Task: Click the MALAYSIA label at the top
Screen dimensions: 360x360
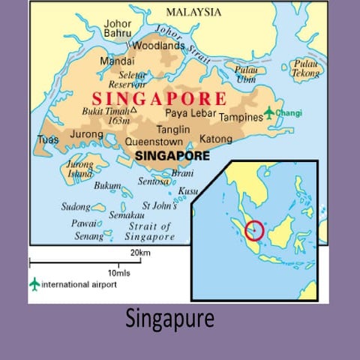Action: pos(193,12)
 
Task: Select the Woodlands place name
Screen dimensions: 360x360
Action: pos(158,46)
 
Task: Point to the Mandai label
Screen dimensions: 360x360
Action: pos(117,61)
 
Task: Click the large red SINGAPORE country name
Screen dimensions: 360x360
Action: pos(158,99)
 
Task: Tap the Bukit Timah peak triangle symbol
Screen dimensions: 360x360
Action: pos(133,109)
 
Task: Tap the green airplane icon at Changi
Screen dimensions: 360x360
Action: pos(268,112)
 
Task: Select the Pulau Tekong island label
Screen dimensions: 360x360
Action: pos(305,68)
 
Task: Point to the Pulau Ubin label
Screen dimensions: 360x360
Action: pos(246,74)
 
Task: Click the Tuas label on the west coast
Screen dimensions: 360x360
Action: pos(48,139)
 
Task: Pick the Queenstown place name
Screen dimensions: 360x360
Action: pos(154,140)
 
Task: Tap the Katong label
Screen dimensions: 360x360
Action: pos(216,139)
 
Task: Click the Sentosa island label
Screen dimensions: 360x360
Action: pos(154,181)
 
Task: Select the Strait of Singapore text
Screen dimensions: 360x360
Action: pos(149,232)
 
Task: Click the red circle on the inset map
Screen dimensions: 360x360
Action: pos(254,229)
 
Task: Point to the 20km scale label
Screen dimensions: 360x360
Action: pos(140,252)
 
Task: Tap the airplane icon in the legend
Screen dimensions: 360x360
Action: pos(34,284)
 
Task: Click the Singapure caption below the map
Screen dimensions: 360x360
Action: pos(169,319)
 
